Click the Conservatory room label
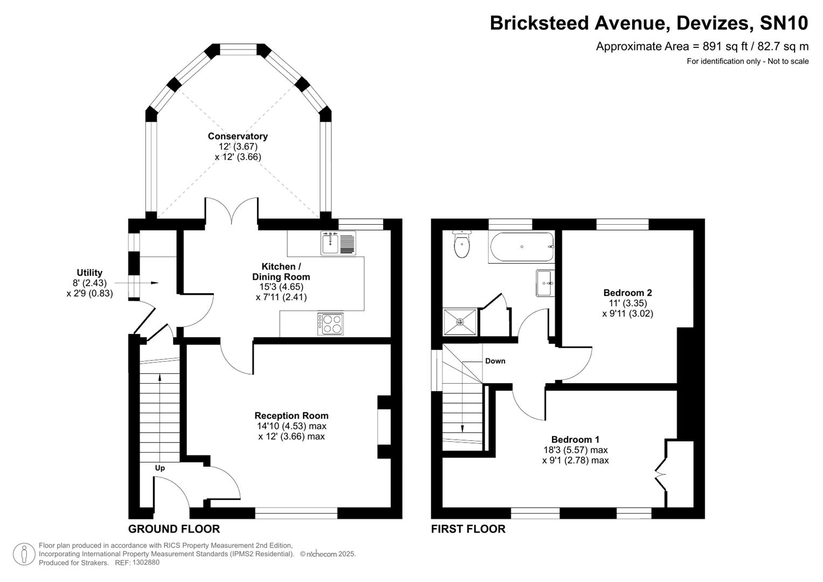[x=238, y=136]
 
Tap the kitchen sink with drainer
[x=338, y=242]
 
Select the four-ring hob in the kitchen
[x=330, y=324]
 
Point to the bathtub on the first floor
[x=521, y=247]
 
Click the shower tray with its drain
[x=460, y=322]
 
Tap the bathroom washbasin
[x=544, y=283]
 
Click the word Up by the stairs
[x=160, y=468]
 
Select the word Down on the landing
[x=495, y=361]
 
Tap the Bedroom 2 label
[x=627, y=293]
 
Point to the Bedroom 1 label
[x=575, y=439]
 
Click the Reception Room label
[x=291, y=415]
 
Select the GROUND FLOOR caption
[x=174, y=529]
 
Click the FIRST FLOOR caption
[x=468, y=529]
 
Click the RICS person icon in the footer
[x=24, y=554]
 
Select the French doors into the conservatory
[x=231, y=212]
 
